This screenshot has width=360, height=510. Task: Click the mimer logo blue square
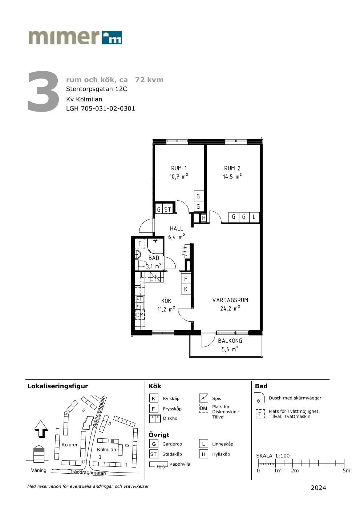(x=112, y=37)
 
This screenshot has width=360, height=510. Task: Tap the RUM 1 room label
(x=179, y=168)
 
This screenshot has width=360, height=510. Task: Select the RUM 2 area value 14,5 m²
(x=232, y=176)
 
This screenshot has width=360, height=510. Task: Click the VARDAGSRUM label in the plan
(x=230, y=300)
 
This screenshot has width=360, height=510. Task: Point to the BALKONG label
(x=230, y=341)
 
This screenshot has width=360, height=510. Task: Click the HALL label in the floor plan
(x=176, y=228)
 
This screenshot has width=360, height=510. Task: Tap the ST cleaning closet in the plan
(x=168, y=209)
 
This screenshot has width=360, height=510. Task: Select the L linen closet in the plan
(x=254, y=217)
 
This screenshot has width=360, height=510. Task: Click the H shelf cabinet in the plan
(x=204, y=218)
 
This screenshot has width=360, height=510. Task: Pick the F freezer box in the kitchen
(x=186, y=279)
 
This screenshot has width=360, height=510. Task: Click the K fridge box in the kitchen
(x=186, y=289)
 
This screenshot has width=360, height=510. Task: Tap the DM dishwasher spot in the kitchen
(x=140, y=315)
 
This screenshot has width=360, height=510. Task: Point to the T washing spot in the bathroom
(x=140, y=244)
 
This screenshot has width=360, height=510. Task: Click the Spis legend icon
(x=203, y=398)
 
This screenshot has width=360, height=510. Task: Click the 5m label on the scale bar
(x=346, y=471)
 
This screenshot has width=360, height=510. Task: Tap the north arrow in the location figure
(x=41, y=429)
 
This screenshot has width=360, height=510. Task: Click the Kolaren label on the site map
(x=70, y=445)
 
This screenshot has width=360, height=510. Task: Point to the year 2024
(x=318, y=488)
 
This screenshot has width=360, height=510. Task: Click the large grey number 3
(x=43, y=91)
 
